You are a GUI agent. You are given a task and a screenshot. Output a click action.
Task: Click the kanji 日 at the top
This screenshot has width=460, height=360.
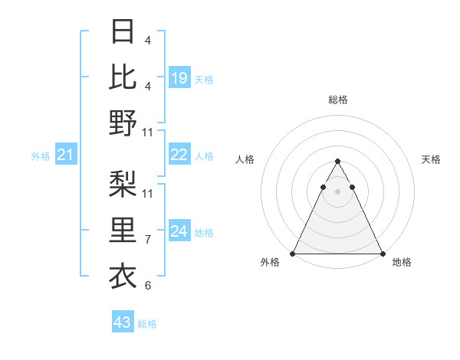coord(123,31)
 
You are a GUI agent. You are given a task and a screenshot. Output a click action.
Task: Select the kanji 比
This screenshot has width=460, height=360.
coord(123,76)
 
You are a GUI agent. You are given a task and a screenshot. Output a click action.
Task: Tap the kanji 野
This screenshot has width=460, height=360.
coord(123,122)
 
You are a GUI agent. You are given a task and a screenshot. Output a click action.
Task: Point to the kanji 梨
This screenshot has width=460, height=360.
coord(123,184)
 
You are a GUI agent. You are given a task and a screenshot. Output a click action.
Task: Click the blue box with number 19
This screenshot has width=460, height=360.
coord(179,77)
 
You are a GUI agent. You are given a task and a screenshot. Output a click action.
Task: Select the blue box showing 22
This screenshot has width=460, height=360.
coord(179,155)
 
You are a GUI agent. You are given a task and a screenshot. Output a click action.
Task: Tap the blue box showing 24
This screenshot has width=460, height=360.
coord(179,231)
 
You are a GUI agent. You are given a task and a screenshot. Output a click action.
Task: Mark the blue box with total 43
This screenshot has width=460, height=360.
coord(123,322)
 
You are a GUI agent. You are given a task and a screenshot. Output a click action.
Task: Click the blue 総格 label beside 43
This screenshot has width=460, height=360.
coord(147,324)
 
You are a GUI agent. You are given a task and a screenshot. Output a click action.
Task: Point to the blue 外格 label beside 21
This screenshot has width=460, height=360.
coord(41,156)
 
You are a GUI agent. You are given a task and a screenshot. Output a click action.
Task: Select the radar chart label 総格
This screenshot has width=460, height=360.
coord(338,100)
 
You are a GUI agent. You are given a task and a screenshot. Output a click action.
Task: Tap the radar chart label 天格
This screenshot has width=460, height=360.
coord(431,159)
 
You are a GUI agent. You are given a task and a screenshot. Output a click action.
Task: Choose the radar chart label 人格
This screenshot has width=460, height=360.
coord(245,159)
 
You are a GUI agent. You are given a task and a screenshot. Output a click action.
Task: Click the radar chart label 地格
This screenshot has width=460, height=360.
coord(402,263)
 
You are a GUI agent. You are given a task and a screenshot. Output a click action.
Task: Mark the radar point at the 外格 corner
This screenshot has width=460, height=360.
coord(293,254)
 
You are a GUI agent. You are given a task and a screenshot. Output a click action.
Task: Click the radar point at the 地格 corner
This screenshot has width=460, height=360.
coord(383,254)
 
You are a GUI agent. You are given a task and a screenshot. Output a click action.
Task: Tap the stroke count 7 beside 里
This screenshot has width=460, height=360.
coord(147,240)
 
